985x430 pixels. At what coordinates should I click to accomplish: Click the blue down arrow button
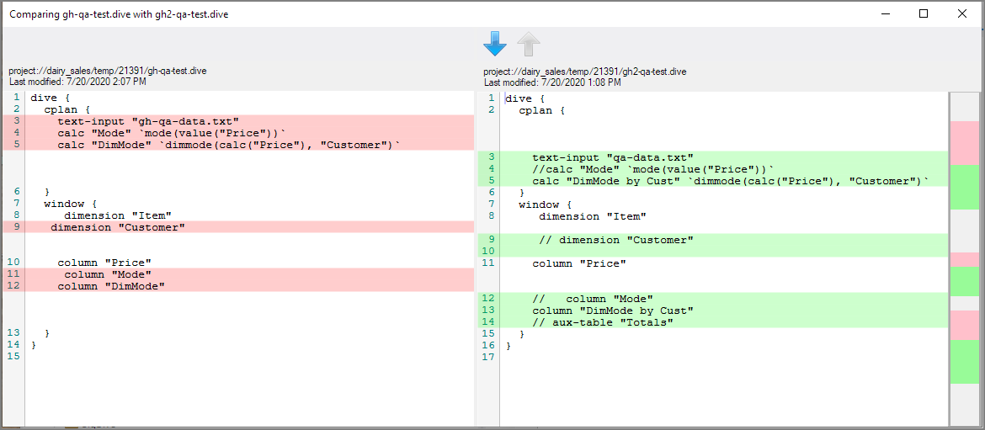pyautogui.click(x=495, y=44)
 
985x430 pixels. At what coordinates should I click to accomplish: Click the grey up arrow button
pyautogui.click(x=529, y=44)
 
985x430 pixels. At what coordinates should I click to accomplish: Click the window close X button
pyautogui.click(x=961, y=13)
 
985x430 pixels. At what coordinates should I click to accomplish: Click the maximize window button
pyautogui.click(x=924, y=13)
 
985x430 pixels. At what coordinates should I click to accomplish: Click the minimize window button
pyautogui.click(x=886, y=13)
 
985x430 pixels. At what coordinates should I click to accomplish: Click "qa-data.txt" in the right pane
pyautogui.click(x=657, y=157)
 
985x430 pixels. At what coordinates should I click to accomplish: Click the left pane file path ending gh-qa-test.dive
pyautogui.click(x=108, y=72)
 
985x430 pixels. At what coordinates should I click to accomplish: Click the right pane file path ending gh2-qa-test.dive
pyautogui.click(x=585, y=72)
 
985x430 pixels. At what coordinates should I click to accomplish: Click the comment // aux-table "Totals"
pyautogui.click(x=603, y=322)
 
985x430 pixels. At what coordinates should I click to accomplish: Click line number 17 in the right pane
pyautogui.click(x=489, y=357)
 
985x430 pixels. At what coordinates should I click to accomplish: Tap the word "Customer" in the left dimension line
pyautogui.click(x=152, y=227)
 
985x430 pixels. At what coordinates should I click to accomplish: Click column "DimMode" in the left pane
pyautogui.click(x=111, y=286)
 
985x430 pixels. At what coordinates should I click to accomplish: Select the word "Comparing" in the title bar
pyautogui.click(x=30, y=13)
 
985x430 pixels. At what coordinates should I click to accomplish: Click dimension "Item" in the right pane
pyautogui.click(x=593, y=216)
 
